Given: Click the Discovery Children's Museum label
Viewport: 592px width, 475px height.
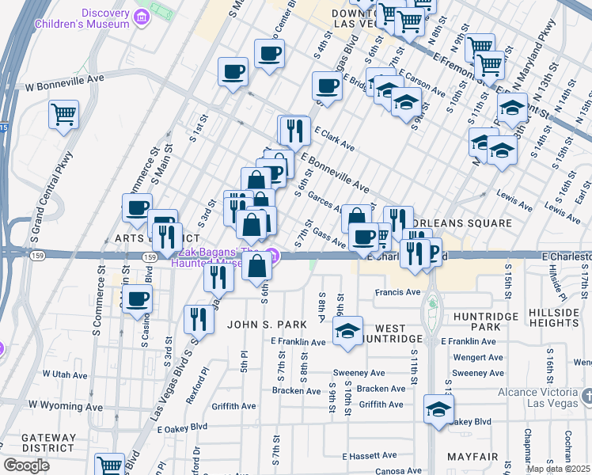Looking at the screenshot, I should point(82,17).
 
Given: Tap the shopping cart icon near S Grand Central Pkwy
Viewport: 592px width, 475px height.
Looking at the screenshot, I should point(64,113).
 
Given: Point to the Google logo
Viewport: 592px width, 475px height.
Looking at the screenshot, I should point(26,465).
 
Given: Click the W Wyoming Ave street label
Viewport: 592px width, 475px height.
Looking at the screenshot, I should point(66,406).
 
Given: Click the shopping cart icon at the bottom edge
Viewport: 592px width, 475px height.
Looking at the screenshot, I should point(109,465).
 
